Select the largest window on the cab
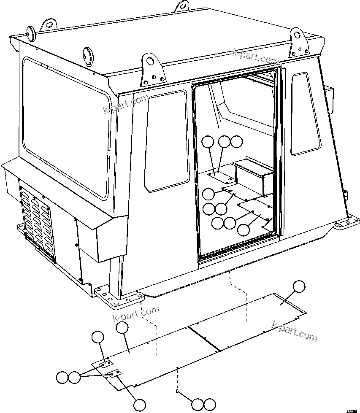click(x=65, y=127)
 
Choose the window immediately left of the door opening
click(x=166, y=141)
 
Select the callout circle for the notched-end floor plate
click(x=299, y=286)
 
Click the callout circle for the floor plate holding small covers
click(x=122, y=328)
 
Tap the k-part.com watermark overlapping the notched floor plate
click(x=295, y=331)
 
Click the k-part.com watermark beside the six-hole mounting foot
click(x=136, y=314)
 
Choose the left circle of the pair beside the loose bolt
click(x=197, y=404)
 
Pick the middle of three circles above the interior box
click(x=225, y=142)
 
